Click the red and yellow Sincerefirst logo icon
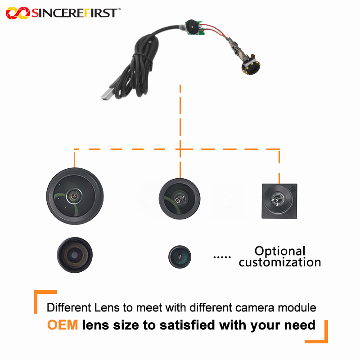click(18, 13)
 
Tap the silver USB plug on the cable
click(108, 94)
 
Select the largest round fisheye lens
click(75, 196)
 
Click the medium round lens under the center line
click(180, 199)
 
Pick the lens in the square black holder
click(279, 201)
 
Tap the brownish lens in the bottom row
click(75, 255)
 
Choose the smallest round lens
click(180, 256)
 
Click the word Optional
click(280, 251)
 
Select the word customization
click(280, 262)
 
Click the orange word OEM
click(63, 325)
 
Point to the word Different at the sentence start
click(69, 308)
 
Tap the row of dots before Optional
click(222, 257)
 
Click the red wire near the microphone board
click(216, 29)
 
